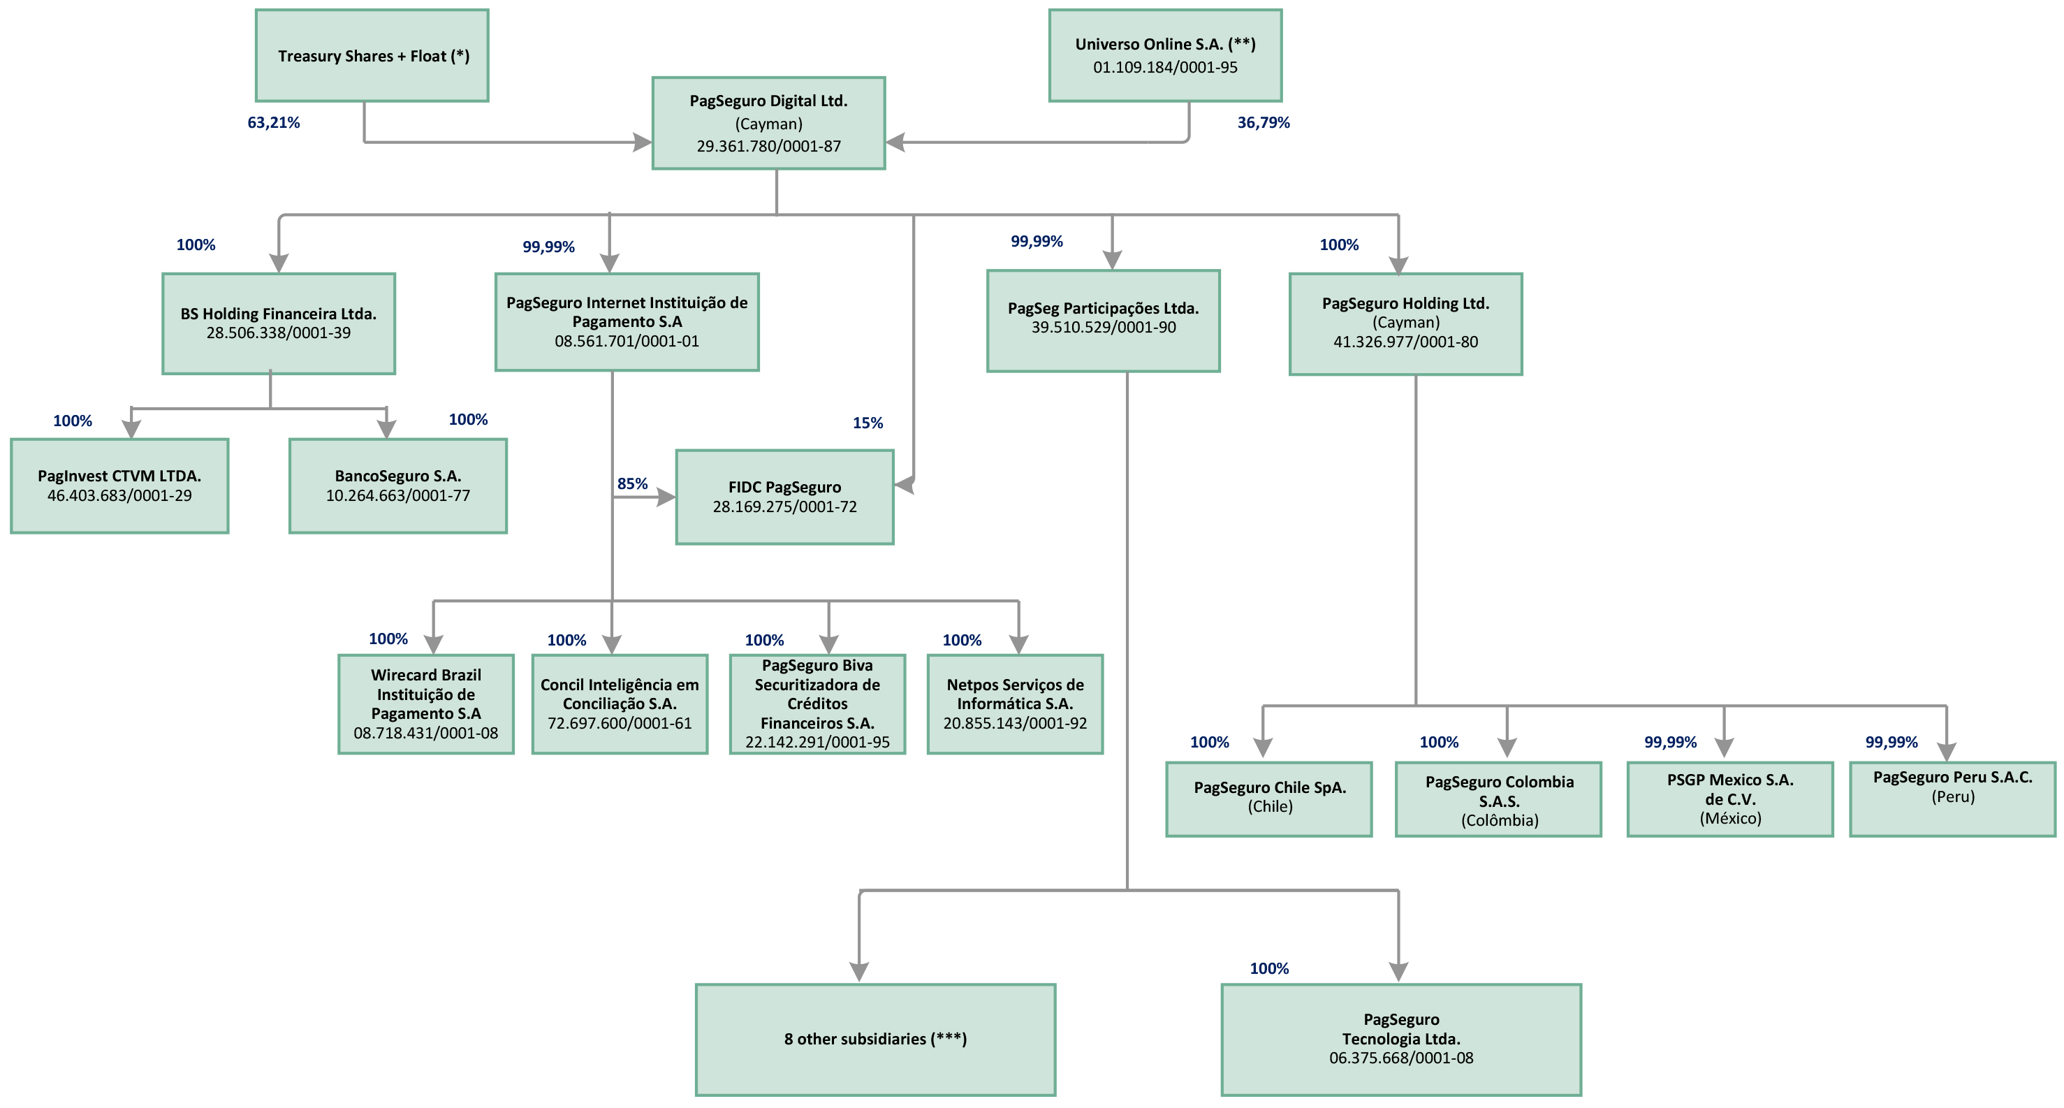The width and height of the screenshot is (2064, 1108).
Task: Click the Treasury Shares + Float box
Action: pos(372,55)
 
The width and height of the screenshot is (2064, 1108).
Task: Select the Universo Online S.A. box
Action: pos(1165,55)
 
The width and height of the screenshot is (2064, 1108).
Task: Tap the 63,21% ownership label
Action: pos(273,122)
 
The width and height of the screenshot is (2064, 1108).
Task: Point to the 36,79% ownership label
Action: pos(1263,122)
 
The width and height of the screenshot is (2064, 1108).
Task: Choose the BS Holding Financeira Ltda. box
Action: pos(278,323)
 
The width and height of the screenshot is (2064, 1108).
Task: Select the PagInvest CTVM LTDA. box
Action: pos(119,486)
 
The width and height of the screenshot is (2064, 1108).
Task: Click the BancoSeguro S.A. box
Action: pos(397,486)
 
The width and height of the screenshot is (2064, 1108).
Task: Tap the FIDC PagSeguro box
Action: pos(784,497)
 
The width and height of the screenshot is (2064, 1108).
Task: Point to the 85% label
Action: pos(631,484)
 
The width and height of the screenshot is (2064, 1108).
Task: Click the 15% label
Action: pos(867,423)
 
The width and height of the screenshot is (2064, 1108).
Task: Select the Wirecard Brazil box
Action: pos(425,704)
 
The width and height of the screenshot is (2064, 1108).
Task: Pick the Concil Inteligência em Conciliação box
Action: pos(620,704)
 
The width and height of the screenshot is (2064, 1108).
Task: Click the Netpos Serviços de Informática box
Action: pos(1014,704)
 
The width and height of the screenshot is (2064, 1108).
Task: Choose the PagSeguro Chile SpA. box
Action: pos(1268,798)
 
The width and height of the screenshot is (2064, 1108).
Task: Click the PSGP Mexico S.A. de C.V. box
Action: pos(1729,798)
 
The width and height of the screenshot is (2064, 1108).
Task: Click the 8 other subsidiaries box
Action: pos(875,1039)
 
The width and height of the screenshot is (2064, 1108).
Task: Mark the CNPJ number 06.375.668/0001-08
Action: pos(1400,1058)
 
